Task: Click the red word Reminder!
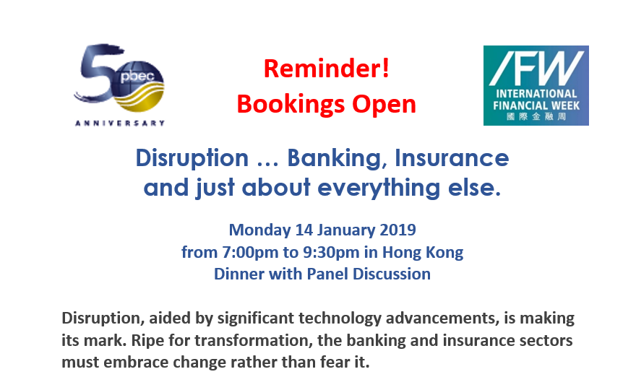pos(327,68)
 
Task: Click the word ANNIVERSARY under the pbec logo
pos(120,123)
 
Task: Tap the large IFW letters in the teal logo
pos(536,69)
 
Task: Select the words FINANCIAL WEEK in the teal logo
pos(536,106)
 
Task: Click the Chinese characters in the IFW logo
pos(536,117)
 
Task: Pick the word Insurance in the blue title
pos(452,157)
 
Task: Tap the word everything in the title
pos(379,188)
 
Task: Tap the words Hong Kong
pos(423,253)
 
